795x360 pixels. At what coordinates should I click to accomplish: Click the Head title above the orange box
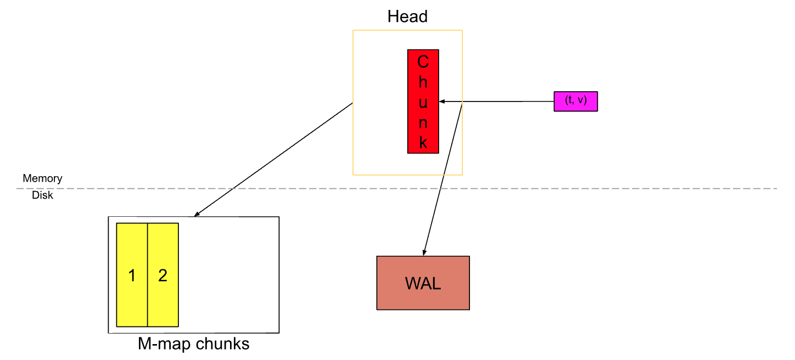(x=407, y=16)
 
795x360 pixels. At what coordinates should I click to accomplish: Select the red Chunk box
(x=423, y=101)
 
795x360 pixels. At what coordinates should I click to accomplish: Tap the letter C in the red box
(x=423, y=61)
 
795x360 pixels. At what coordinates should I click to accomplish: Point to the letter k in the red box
(x=423, y=143)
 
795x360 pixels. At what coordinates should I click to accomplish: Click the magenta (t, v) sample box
(x=575, y=102)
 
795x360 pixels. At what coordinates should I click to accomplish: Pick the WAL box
(x=423, y=283)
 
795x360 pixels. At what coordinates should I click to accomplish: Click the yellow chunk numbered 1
(x=132, y=275)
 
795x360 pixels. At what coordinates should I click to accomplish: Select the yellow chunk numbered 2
(x=163, y=275)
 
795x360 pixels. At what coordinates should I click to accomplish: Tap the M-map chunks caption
(x=193, y=344)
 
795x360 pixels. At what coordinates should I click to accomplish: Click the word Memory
(x=42, y=178)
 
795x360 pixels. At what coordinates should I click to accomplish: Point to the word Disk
(x=42, y=195)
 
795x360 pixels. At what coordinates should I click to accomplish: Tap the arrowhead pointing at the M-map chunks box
(x=198, y=214)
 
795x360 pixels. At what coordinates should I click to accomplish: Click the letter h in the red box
(x=423, y=82)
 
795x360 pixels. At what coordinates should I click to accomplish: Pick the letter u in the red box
(x=423, y=103)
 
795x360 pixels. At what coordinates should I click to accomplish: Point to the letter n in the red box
(x=423, y=123)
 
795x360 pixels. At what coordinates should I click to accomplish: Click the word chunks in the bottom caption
(x=223, y=344)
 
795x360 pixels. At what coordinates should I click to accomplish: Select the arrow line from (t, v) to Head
(x=505, y=102)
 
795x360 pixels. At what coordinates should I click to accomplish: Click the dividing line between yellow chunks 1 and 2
(x=148, y=274)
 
